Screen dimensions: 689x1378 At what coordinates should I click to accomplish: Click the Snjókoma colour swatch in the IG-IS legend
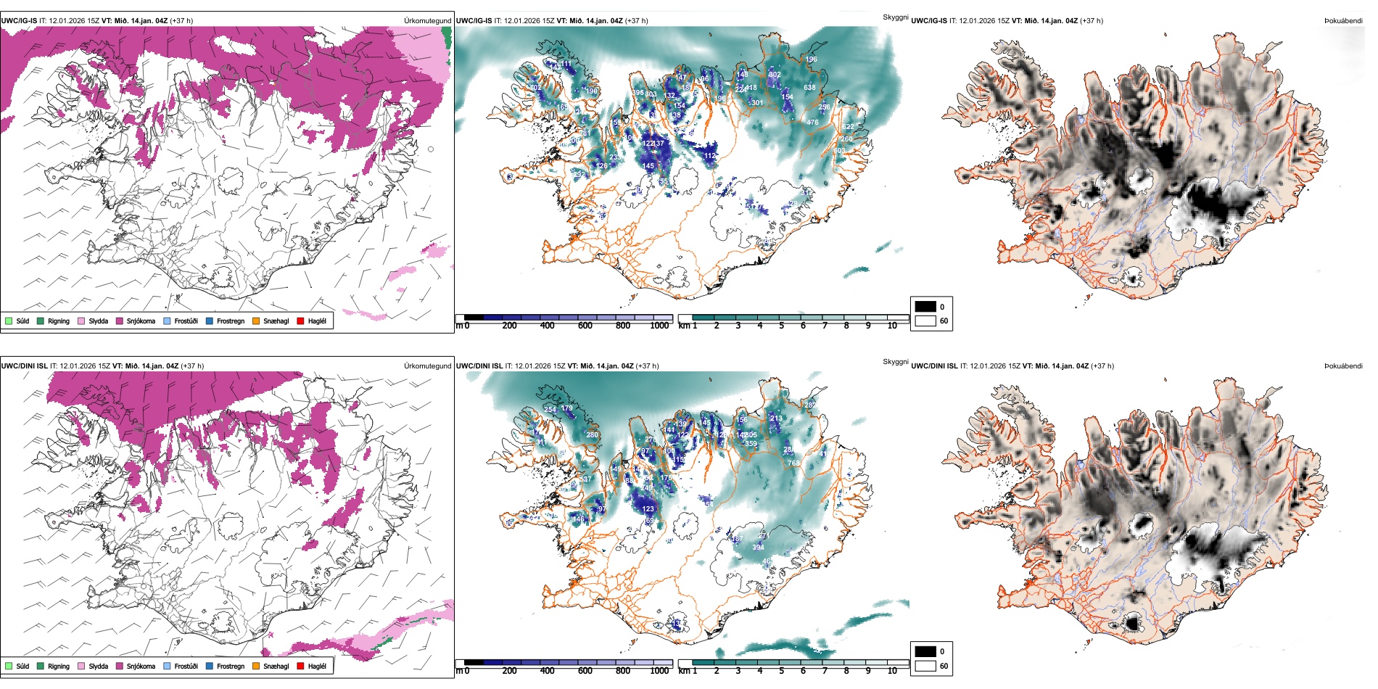click(120, 321)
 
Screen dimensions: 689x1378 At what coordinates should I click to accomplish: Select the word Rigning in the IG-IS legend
click(59, 321)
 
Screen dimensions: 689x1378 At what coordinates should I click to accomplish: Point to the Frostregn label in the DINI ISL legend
click(231, 667)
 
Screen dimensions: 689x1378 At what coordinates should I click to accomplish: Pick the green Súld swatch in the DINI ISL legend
click(9, 666)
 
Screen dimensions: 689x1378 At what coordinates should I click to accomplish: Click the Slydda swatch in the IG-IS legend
click(81, 321)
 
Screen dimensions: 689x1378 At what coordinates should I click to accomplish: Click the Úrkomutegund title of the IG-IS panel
click(427, 21)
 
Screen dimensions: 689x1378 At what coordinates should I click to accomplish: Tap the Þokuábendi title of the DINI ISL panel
click(1343, 366)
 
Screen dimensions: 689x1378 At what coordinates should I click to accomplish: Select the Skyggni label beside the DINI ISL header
click(895, 362)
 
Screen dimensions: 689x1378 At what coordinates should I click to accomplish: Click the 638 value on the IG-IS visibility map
click(809, 88)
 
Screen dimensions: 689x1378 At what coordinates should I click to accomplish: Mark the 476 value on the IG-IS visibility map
click(812, 123)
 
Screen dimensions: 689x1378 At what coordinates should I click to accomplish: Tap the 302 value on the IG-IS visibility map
click(775, 75)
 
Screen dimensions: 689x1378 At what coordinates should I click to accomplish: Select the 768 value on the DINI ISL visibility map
click(793, 463)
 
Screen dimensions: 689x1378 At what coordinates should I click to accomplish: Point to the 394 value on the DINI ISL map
click(758, 548)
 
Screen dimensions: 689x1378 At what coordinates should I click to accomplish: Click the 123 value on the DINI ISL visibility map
click(648, 509)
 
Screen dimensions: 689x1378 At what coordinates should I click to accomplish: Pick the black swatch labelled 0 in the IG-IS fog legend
click(925, 307)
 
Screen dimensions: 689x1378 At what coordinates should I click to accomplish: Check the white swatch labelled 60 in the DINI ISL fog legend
click(925, 666)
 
